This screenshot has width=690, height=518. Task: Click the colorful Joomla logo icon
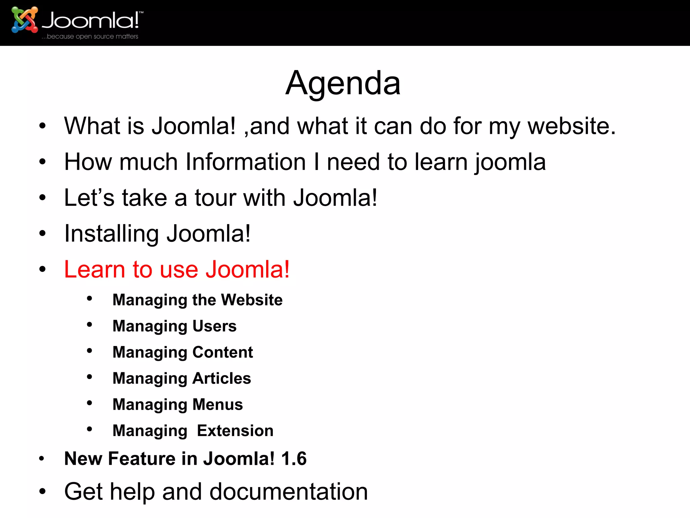tap(24, 20)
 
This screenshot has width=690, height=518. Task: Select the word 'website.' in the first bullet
tap(571, 126)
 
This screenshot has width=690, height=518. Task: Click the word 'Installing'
tap(112, 234)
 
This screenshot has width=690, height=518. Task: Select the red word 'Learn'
tap(95, 269)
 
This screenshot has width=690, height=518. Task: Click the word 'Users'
tap(215, 326)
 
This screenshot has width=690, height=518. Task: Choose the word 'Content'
tap(223, 352)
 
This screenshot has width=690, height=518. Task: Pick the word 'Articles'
tap(222, 378)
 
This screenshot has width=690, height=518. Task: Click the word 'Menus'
tap(218, 404)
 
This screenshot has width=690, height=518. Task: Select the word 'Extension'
tap(235, 431)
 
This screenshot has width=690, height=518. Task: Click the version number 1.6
tap(294, 459)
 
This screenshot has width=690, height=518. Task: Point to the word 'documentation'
tap(289, 492)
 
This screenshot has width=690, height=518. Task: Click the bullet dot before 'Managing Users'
tap(89, 325)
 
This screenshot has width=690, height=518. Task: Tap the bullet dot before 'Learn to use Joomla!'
tap(42, 269)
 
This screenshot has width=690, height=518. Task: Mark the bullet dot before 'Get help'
tap(42, 491)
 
